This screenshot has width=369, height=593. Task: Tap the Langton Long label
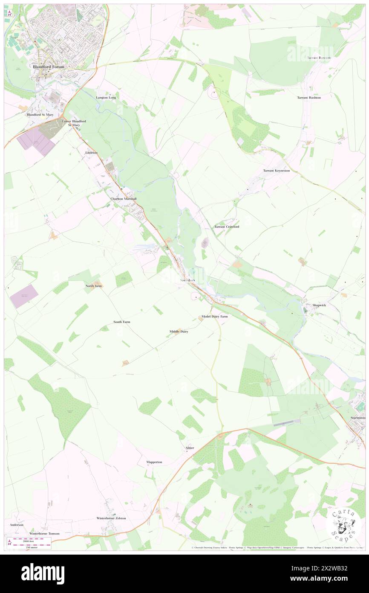coord(106,98)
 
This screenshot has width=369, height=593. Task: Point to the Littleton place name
coord(91,153)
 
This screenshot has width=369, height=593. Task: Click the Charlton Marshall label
coord(124,199)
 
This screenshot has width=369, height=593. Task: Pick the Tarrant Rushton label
coord(309,98)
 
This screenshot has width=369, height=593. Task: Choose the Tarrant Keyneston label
coord(276,171)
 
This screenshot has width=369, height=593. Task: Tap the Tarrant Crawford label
coord(226,227)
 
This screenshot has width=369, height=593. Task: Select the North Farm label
coord(94,286)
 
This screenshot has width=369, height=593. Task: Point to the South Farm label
coord(121,322)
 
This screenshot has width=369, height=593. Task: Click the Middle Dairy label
coord(179,331)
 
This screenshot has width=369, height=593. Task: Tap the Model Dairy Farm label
coord(215,317)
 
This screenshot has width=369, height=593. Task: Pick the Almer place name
coord(190,448)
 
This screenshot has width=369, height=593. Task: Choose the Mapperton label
coord(154,462)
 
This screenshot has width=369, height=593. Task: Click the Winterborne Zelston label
coord(111,518)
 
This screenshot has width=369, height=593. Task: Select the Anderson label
coord(16,525)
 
